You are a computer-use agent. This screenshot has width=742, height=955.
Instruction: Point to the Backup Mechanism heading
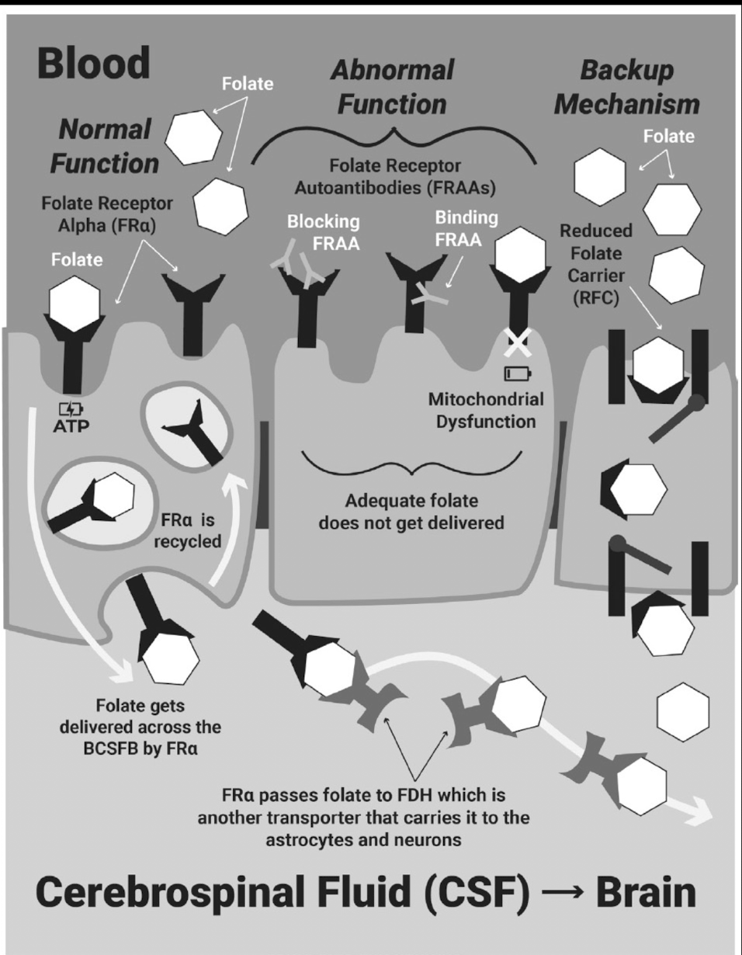point(628,87)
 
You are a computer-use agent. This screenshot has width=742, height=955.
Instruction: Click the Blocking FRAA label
point(324,230)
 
